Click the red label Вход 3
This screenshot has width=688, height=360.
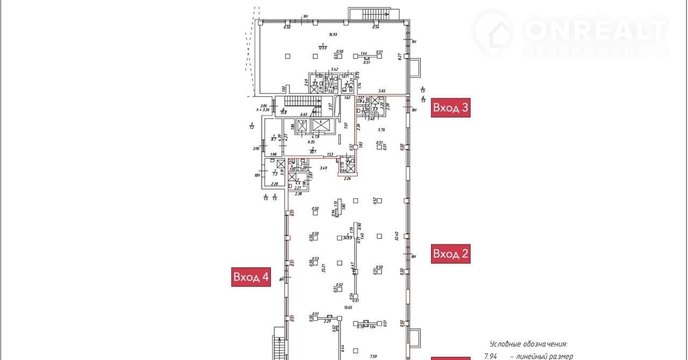click(450, 108)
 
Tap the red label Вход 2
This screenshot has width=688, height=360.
click(450, 254)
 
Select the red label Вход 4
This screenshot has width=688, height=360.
click(251, 277)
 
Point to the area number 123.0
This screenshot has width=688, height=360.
click(322, 48)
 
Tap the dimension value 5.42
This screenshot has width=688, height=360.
click(335, 69)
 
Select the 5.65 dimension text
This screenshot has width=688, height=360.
click(382, 91)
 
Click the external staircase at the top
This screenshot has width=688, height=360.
click(372, 13)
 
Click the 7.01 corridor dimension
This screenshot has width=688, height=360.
click(347, 126)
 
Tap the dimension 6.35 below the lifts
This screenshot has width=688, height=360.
click(311, 142)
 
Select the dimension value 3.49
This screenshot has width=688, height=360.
click(323, 168)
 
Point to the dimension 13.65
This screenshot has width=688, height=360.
click(348, 307)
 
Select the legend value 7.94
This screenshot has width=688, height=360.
click(490, 356)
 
